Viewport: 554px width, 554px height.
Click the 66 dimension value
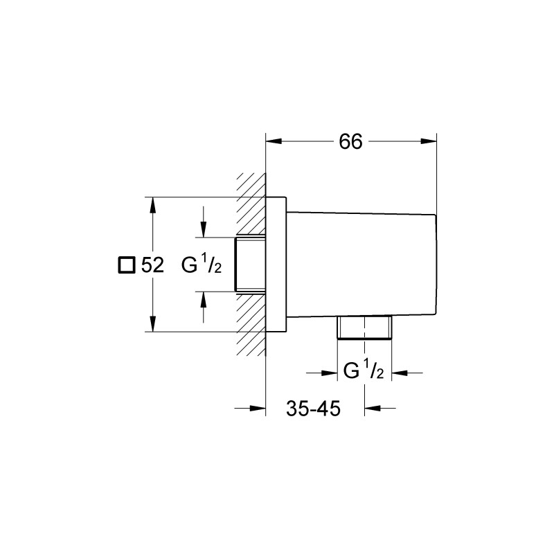[351, 141]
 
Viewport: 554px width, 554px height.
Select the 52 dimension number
[152, 265]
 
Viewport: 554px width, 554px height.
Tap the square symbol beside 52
[125, 265]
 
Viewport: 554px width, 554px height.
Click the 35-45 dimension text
[312, 409]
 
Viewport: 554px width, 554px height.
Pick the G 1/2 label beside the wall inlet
[200, 265]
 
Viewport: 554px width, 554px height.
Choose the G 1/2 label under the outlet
[364, 372]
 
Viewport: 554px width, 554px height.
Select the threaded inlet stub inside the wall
[251, 265]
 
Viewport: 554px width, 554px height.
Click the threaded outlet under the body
[365, 329]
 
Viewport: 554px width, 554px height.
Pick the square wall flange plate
[276, 265]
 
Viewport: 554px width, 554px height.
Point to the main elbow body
[360, 265]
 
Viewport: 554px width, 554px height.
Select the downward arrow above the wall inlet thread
[204, 228]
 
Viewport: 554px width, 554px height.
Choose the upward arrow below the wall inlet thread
[204, 299]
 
